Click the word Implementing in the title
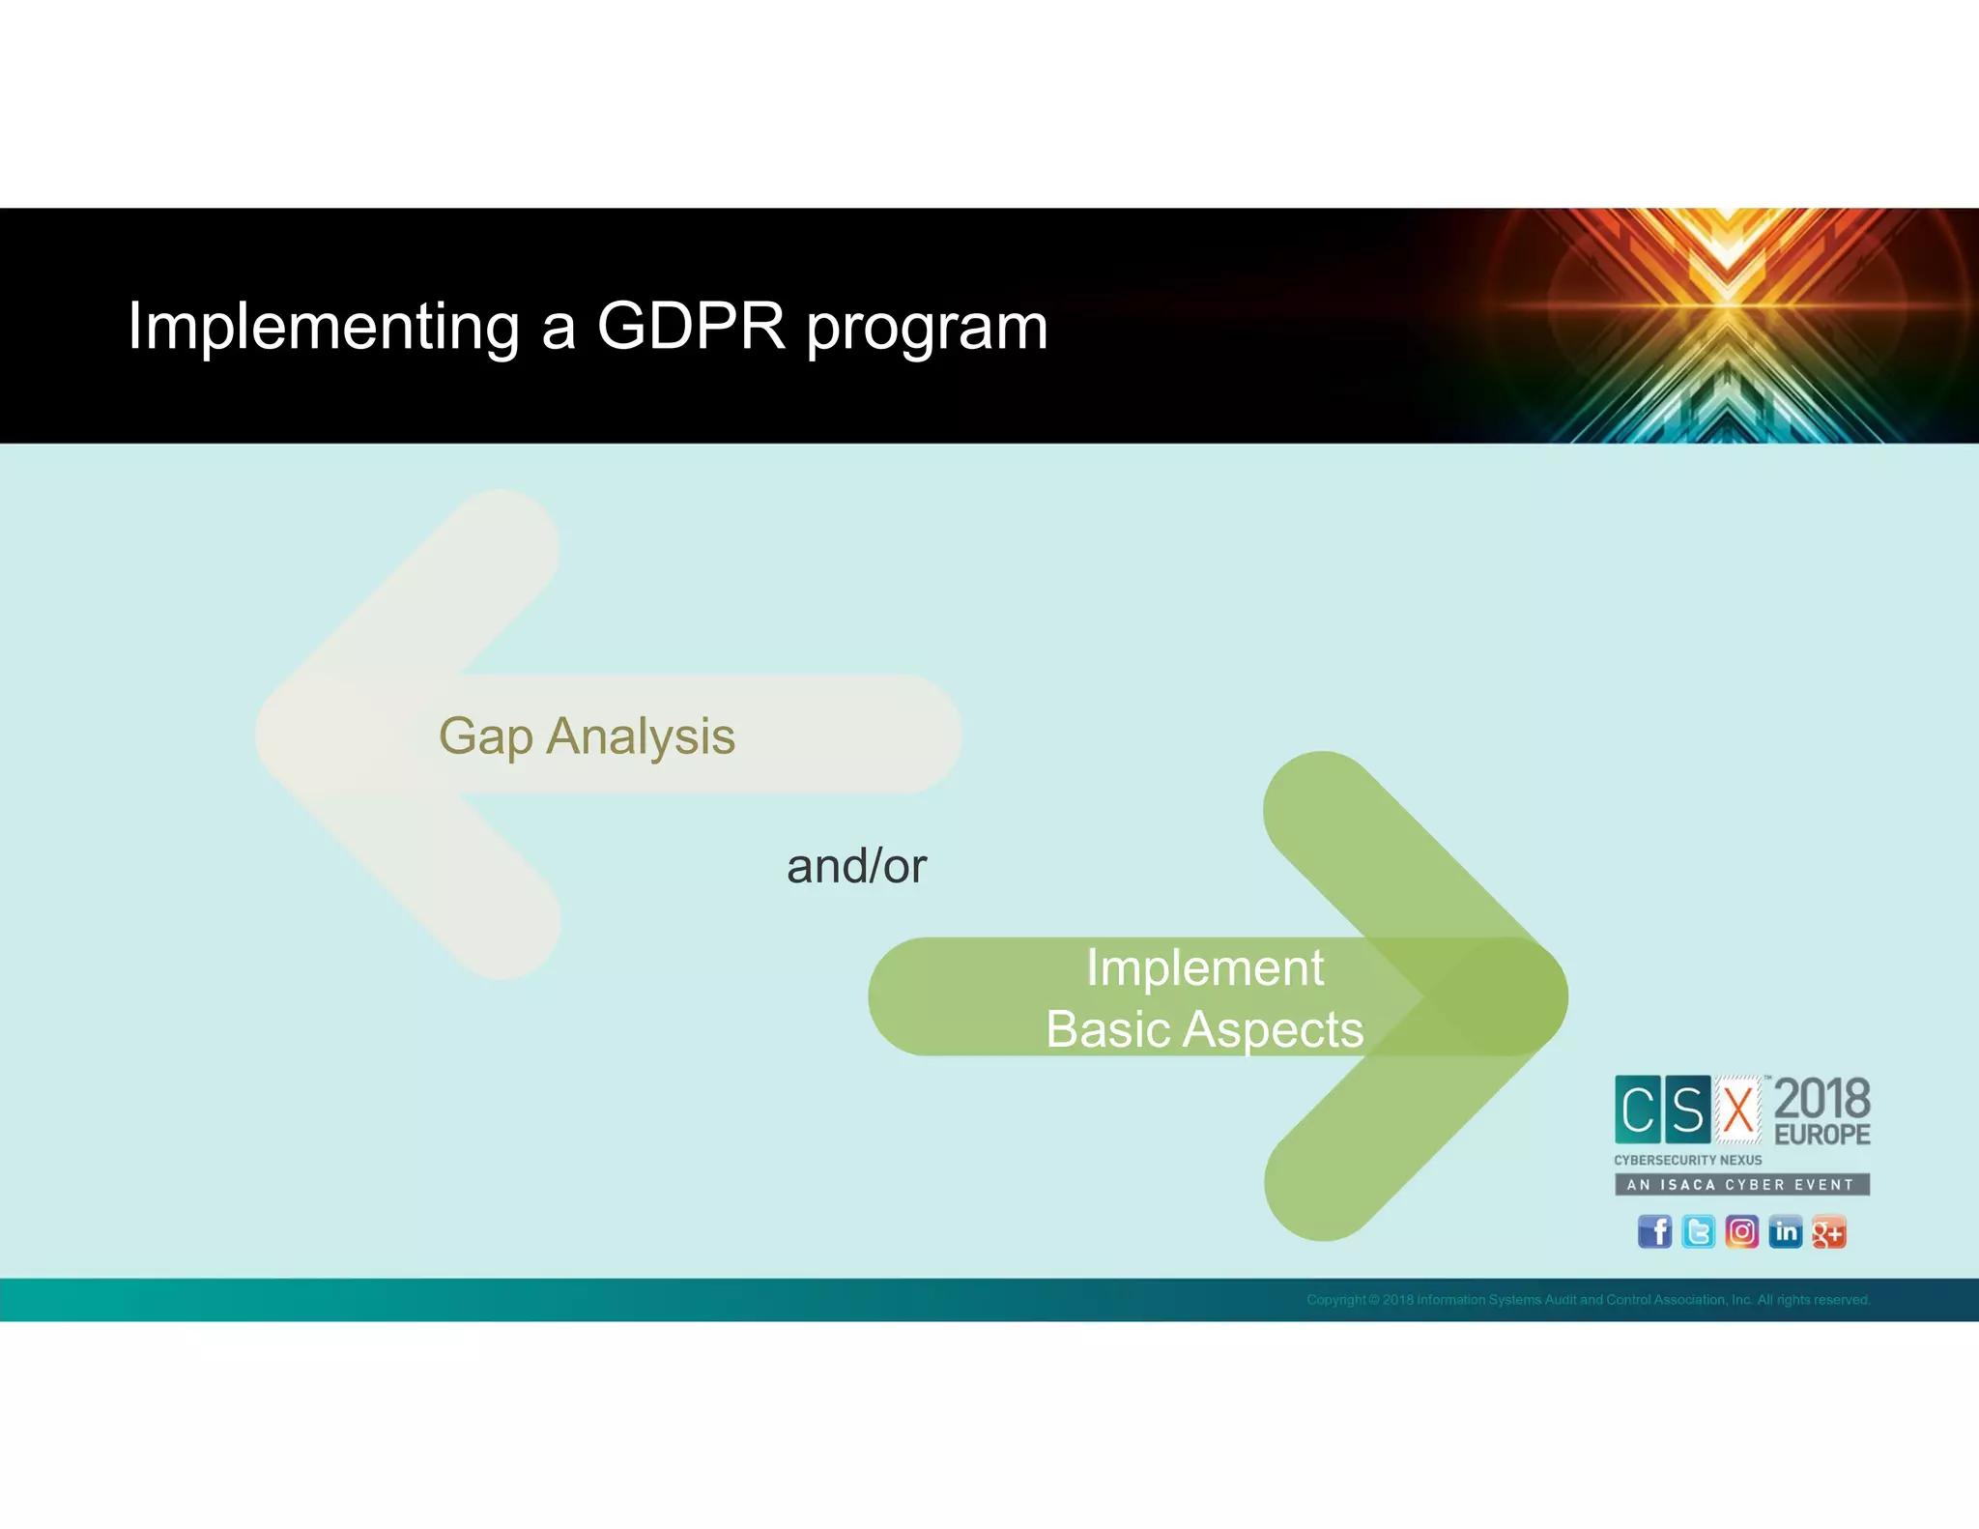324,327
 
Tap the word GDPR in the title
691,326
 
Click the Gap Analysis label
587,736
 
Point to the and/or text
856,866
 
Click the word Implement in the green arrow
1204,968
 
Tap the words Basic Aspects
1204,1028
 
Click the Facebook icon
1654,1231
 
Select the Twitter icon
1698,1231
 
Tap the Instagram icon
1741,1231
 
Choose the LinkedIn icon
1785,1231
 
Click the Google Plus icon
1828,1232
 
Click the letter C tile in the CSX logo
1638,1109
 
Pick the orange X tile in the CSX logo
1738,1109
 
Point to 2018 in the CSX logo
1821,1099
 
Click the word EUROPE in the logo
1821,1135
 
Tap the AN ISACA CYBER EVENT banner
1741,1184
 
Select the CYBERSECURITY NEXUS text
1687,1160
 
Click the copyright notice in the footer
1588,1300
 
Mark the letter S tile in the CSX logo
1687,1109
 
